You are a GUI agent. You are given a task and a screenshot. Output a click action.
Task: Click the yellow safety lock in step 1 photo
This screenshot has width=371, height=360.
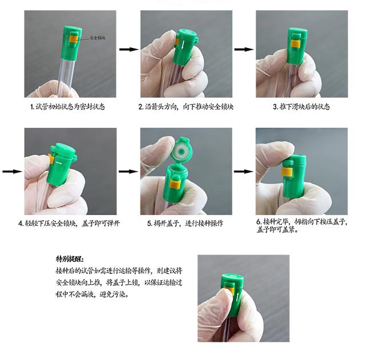(x=74, y=39)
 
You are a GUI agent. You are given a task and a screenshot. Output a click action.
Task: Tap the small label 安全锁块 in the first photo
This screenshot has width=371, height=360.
(x=98, y=38)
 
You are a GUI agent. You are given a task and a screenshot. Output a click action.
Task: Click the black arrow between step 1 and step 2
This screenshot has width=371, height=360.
(x=129, y=49)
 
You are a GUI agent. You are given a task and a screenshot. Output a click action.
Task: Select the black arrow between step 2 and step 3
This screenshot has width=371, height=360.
(x=244, y=49)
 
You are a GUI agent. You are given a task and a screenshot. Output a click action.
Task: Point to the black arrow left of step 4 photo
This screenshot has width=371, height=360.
(x=13, y=171)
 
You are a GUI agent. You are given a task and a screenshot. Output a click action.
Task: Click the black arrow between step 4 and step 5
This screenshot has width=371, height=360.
(x=128, y=171)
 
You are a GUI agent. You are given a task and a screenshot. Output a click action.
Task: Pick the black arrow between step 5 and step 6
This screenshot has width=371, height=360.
(x=244, y=171)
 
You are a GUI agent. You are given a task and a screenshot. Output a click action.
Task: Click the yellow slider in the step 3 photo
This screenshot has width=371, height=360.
(x=296, y=43)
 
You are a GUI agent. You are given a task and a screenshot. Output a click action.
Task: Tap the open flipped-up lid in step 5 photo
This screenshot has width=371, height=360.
(x=182, y=150)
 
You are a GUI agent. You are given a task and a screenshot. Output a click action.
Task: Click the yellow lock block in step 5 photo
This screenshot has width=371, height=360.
(x=175, y=184)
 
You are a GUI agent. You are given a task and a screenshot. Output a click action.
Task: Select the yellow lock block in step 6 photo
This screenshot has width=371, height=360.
(x=287, y=172)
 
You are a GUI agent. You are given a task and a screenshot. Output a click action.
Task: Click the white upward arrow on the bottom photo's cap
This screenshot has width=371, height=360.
(x=237, y=297)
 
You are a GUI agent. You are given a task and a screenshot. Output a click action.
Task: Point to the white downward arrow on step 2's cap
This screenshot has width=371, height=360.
(x=183, y=45)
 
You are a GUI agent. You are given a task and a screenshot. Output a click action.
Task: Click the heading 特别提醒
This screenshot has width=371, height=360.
(x=70, y=259)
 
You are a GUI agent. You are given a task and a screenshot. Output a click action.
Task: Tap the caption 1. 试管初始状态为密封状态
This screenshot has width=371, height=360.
(x=68, y=107)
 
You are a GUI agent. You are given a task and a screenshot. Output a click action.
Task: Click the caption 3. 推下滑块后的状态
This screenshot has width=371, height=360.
(x=301, y=107)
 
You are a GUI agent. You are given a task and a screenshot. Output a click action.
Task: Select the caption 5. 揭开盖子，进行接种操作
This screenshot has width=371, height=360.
(x=185, y=223)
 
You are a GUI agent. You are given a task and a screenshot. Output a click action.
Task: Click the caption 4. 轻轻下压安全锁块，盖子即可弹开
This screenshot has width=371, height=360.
(x=69, y=223)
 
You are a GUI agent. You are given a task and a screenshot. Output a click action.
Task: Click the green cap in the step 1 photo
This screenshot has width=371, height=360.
(x=71, y=43)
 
